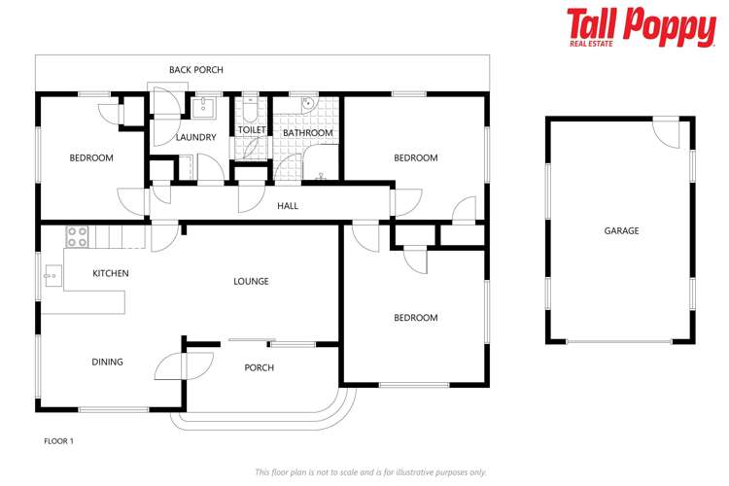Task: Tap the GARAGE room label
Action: [x=621, y=230]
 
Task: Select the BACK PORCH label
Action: [x=195, y=70]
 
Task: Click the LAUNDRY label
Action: [x=195, y=137]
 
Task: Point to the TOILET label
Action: [x=251, y=129]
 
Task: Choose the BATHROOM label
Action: [x=307, y=133]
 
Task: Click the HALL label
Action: [x=288, y=206]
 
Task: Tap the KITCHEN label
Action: [x=111, y=273]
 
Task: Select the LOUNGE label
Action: [x=251, y=281]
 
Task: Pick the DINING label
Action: [x=107, y=363]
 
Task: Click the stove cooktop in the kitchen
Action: [x=77, y=236]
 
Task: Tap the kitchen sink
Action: [x=50, y=276]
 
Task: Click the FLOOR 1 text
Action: [x=58, y=441]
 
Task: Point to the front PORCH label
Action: [x=260, y=367]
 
